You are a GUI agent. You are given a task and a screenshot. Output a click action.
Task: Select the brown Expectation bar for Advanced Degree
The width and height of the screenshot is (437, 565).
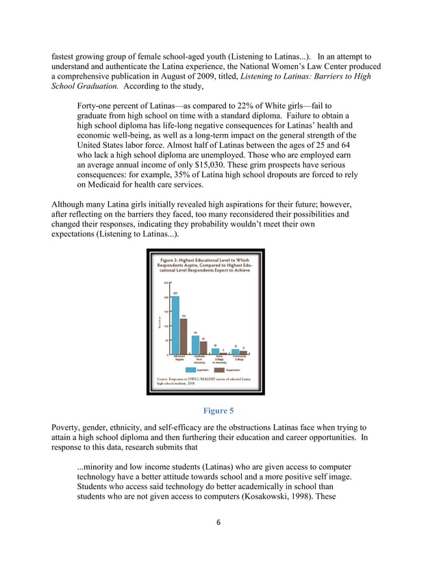click(183, 337)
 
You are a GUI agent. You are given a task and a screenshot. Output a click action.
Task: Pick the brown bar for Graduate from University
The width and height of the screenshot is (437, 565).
click(203, 347)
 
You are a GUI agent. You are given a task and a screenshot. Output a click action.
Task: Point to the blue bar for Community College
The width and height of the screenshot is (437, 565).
click(235, 352)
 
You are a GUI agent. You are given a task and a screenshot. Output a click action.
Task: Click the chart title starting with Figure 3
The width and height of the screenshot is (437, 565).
click(205, 265)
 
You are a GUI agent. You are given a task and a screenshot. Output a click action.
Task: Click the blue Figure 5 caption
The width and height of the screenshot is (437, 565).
click(218, 411)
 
